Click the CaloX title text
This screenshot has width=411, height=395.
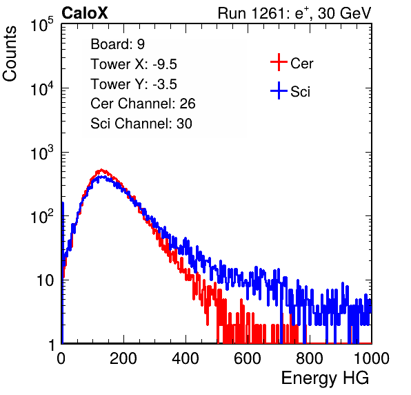[x=85, y=13]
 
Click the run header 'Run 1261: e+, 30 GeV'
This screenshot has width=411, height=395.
[x=294, y=13]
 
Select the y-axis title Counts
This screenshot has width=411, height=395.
[x=10, y=54]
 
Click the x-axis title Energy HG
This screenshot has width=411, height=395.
[x=325, y=378]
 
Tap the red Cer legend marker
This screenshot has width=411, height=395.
[x=279, y=62]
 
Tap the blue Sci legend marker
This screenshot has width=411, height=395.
[x=279, y=91]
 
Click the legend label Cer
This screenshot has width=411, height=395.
[x=301, y=64]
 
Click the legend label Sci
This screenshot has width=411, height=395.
[x=301, y=92]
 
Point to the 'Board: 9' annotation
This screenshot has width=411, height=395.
[x=118, y=44]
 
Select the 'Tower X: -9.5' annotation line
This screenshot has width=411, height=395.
[x=134, y=64]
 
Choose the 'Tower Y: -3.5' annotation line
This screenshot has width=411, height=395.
[x=134, y=84]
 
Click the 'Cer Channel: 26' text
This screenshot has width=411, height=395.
[x=143, y=104]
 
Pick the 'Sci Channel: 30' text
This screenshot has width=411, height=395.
[x=141, y=124]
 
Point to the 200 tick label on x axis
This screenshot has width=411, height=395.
[x=123, y=358]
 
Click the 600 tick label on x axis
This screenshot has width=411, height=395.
[x=248, y=358]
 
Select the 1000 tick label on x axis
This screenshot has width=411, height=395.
[x=372, y=358]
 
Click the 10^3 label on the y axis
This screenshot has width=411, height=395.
[x=42, y=152]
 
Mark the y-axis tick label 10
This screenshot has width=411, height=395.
[x=45, y=281]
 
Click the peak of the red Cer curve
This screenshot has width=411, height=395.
[x=101, y=170]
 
